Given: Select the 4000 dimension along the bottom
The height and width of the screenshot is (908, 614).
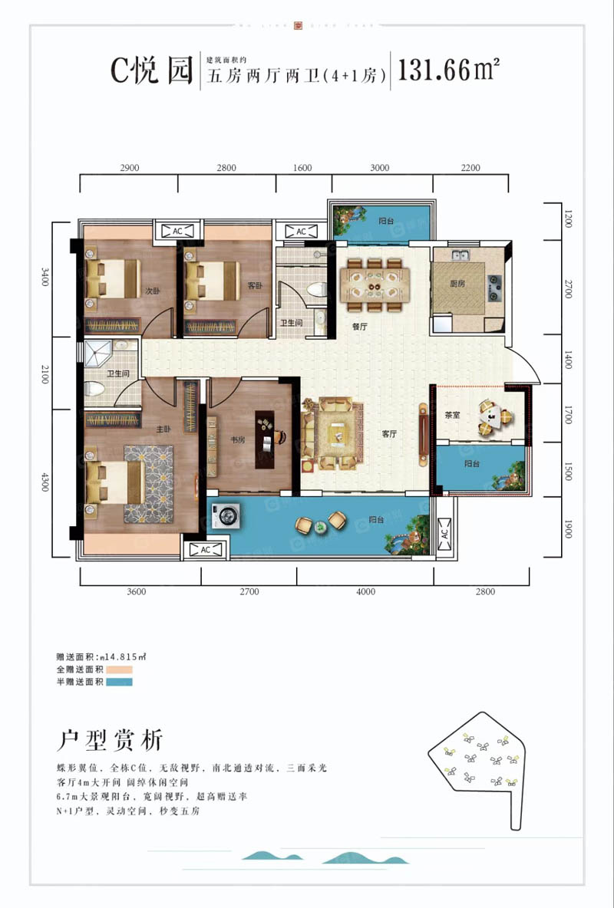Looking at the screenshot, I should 365,591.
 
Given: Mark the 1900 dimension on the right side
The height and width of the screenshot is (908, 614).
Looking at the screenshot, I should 568,528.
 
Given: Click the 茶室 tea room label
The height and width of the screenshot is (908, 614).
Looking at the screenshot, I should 451,416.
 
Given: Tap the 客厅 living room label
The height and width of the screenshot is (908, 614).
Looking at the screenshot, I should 389,433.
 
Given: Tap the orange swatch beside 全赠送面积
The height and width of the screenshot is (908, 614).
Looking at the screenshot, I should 120,669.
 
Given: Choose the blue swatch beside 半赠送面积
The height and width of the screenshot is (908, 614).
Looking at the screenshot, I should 120,682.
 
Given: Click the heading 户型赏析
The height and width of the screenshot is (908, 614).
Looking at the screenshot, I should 110,740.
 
